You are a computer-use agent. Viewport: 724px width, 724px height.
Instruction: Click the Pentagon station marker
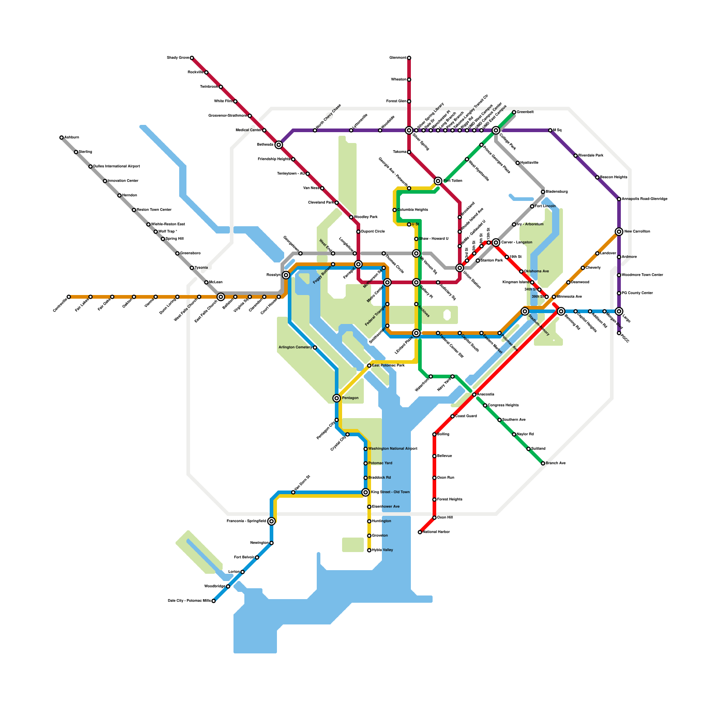[337, 398]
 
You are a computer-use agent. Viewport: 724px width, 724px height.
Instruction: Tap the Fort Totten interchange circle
[438, 181]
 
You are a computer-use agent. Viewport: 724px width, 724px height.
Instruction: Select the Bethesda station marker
[279, 145]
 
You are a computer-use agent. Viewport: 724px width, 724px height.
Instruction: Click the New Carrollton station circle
[619, 232]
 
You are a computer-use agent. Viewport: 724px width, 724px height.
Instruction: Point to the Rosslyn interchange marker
[286, 275]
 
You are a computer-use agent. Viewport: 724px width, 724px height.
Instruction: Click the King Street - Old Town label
[391, 492]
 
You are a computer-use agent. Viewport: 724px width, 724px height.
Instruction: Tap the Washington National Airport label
[393, 449]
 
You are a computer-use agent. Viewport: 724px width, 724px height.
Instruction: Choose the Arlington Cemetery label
[295, 348]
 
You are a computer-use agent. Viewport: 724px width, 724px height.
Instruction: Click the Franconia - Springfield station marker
[271, 521]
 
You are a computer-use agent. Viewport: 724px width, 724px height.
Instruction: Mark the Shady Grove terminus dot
[192, 58]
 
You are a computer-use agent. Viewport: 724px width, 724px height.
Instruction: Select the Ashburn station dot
[62, 138]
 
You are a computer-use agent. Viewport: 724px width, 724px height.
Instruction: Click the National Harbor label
[437, 532]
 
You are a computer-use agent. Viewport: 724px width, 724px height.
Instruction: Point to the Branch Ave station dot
[543, 463]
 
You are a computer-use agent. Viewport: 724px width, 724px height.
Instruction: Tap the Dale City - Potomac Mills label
[189, 601]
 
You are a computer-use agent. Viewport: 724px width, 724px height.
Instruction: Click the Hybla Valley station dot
[369, 550]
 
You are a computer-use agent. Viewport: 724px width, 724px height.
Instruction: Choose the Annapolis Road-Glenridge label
[644, 199]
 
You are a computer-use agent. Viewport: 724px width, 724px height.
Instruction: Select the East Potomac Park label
[388, 365]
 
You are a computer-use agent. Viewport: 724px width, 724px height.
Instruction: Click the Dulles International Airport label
[116, 167]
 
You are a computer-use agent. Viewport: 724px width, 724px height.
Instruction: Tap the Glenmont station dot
[409, 58]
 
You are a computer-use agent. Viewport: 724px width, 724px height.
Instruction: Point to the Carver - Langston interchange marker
[496, 243]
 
